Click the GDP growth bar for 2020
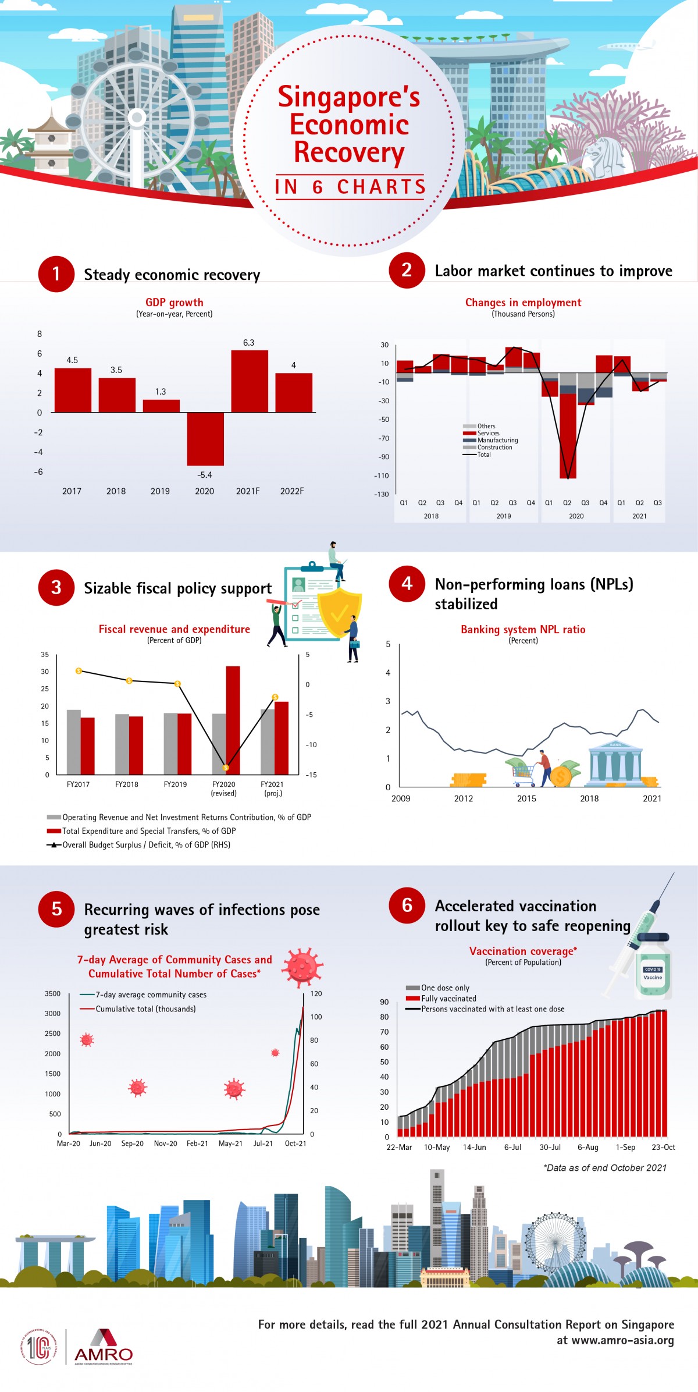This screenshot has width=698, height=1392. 205,439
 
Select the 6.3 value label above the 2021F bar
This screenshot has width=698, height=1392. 248,343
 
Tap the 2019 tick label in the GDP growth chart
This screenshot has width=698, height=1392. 160,491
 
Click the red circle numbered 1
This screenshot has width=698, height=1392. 56,274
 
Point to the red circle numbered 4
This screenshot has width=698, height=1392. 407,584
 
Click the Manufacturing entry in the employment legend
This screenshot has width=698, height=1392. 497,441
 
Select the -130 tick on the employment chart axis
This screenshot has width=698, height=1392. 382,494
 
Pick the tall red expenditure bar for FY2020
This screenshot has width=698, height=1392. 233,720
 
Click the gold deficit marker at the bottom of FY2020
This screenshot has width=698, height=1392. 226,768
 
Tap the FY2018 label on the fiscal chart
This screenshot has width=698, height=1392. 127,784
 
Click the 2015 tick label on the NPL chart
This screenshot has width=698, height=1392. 526,798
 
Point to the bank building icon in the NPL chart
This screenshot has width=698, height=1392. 615,764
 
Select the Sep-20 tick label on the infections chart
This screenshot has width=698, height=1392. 132,1144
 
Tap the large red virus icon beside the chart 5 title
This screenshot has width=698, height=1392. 302,967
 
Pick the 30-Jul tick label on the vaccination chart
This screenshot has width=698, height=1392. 550,1147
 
